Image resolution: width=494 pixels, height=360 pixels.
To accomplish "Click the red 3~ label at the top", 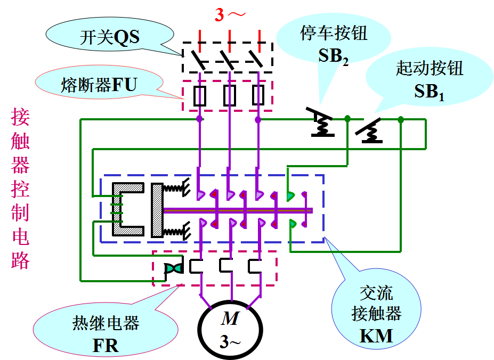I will (x=230, y=15).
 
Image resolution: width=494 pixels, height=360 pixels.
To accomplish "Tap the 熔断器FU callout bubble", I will (x=99, y=85).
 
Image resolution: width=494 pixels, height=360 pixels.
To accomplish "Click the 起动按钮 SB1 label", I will (x=430, y=80).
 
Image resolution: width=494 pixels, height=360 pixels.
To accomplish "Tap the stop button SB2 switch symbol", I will (x=322, y=124).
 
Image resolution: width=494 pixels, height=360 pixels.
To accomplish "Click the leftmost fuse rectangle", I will (x=199, y=96).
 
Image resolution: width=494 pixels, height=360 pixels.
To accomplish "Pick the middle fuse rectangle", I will (x=229, y=96).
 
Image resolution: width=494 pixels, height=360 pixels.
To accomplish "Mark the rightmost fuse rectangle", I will (x=258, y=96).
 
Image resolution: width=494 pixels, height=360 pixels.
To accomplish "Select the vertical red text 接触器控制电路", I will (x=20, y=189).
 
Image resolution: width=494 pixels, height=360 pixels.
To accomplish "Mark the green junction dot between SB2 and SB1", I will (x=347, y=119).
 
